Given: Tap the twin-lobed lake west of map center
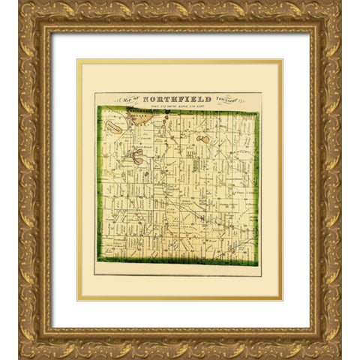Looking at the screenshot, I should [136, 157].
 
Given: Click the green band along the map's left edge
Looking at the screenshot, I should [99, 187].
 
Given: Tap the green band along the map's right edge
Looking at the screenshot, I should [257, 187].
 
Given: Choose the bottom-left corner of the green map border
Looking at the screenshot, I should [99, 260].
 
